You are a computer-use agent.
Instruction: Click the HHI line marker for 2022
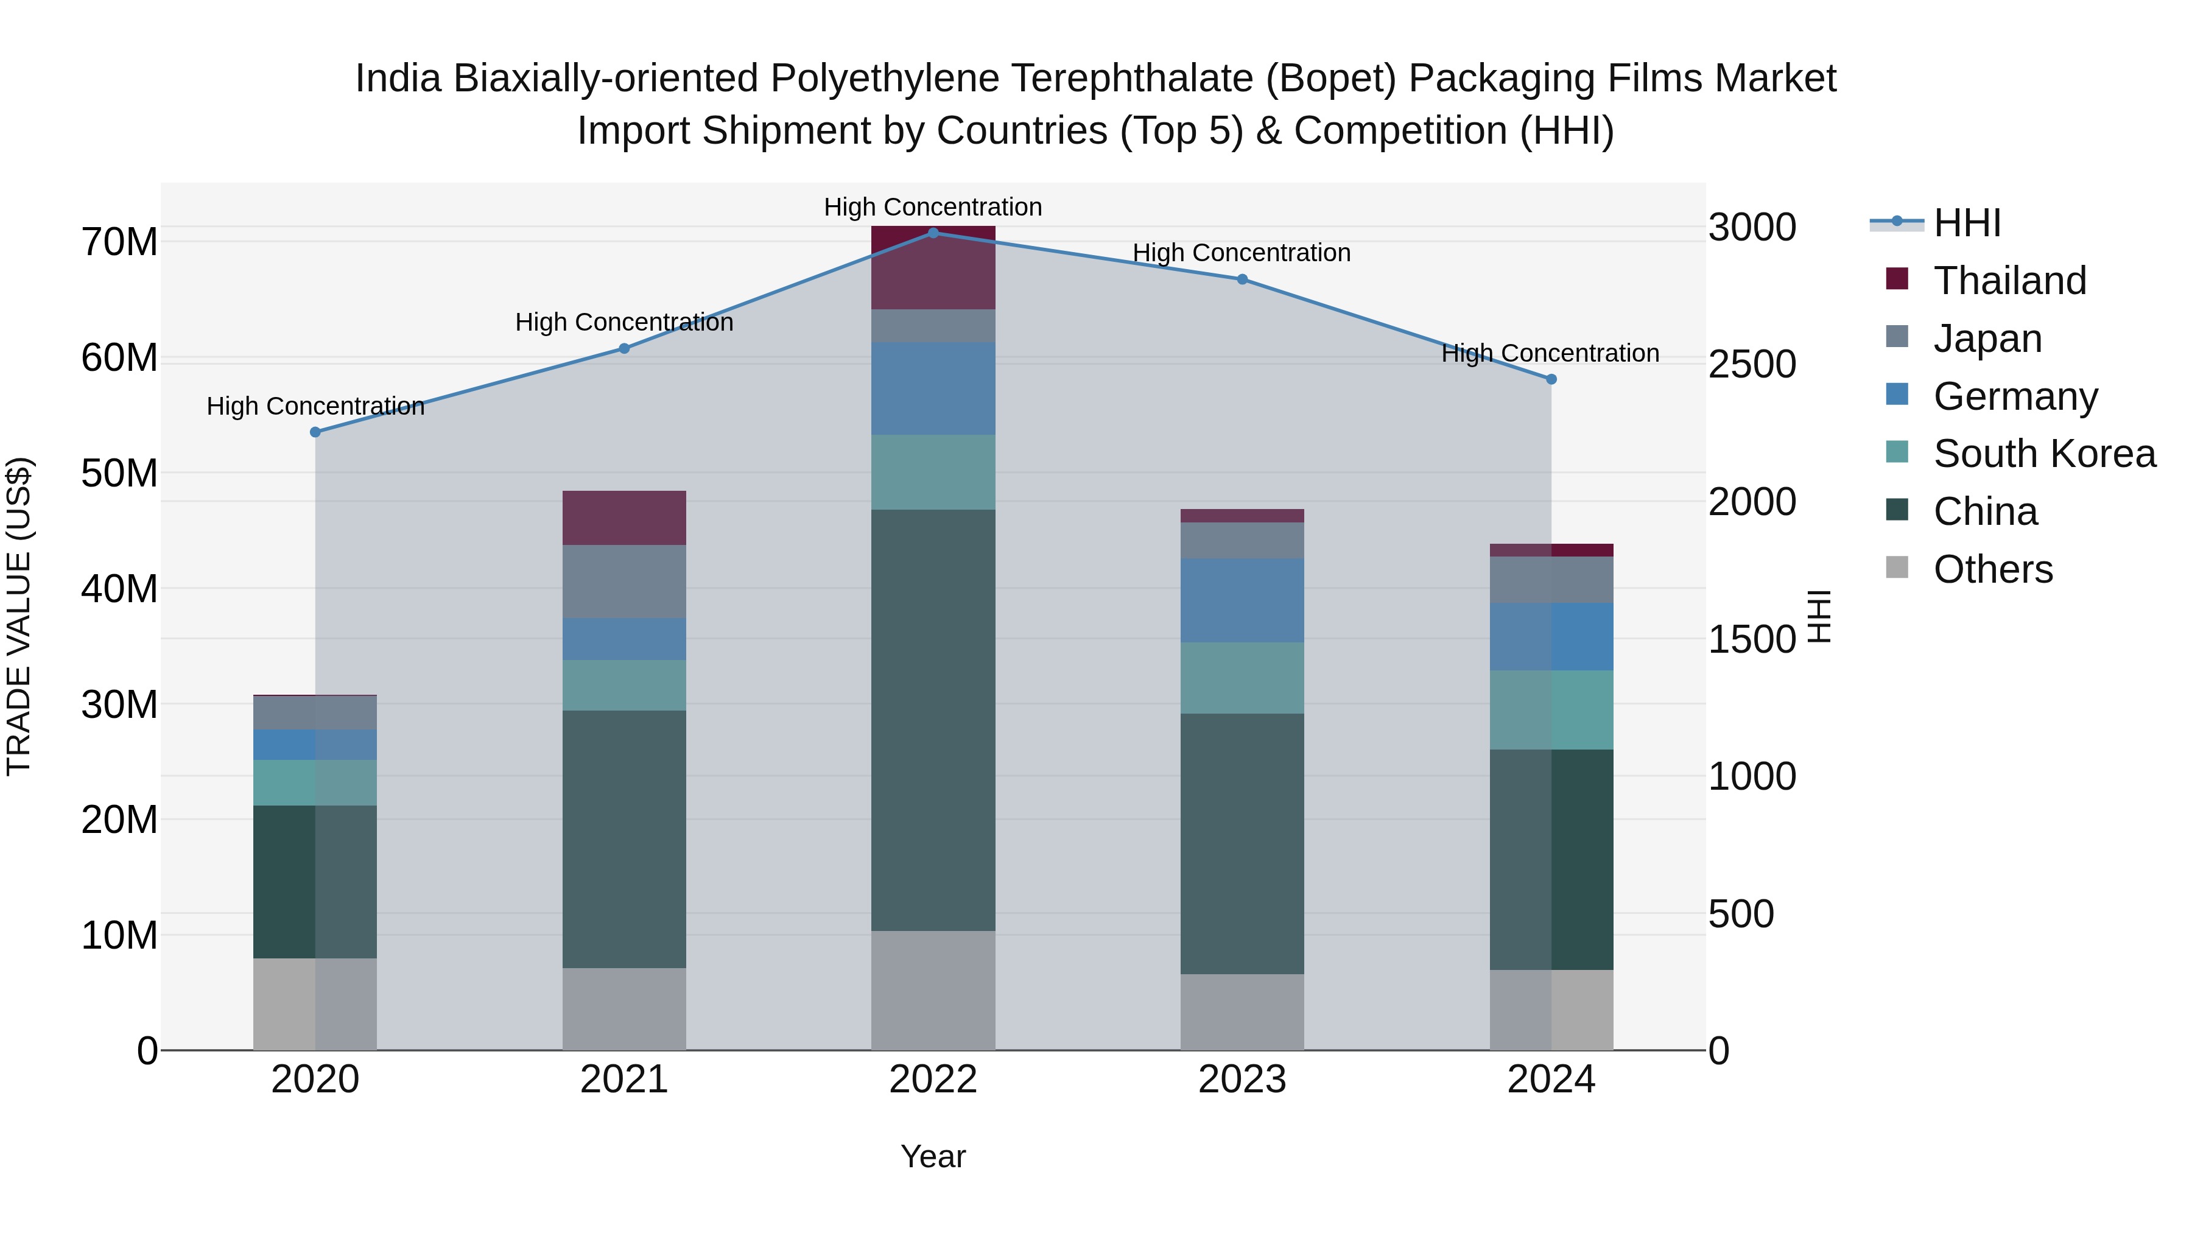coord(933,233)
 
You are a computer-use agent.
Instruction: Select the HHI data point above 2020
coord(315,432)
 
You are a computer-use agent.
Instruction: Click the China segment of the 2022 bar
coord(933,719)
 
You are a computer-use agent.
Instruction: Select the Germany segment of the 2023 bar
coord(1242,600)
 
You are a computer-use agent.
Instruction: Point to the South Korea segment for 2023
coord(1242,677)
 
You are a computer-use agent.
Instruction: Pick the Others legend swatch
coord(1897,567)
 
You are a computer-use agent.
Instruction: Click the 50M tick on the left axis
coord(119,473)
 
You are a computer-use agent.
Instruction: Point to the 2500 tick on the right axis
coord(1752,364)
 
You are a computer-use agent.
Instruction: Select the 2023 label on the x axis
coord(1242,1080)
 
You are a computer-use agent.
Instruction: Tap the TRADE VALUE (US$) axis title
coord(19,616)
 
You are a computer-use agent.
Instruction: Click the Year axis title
coord(933,1156)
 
